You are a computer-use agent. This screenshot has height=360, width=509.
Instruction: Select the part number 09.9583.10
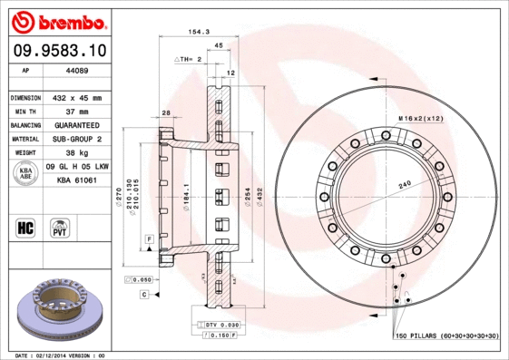(x=59, y=51)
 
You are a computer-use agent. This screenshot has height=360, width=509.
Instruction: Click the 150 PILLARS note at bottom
(x=445, y=336)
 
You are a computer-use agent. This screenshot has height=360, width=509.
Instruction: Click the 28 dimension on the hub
(x=166, y=112)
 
